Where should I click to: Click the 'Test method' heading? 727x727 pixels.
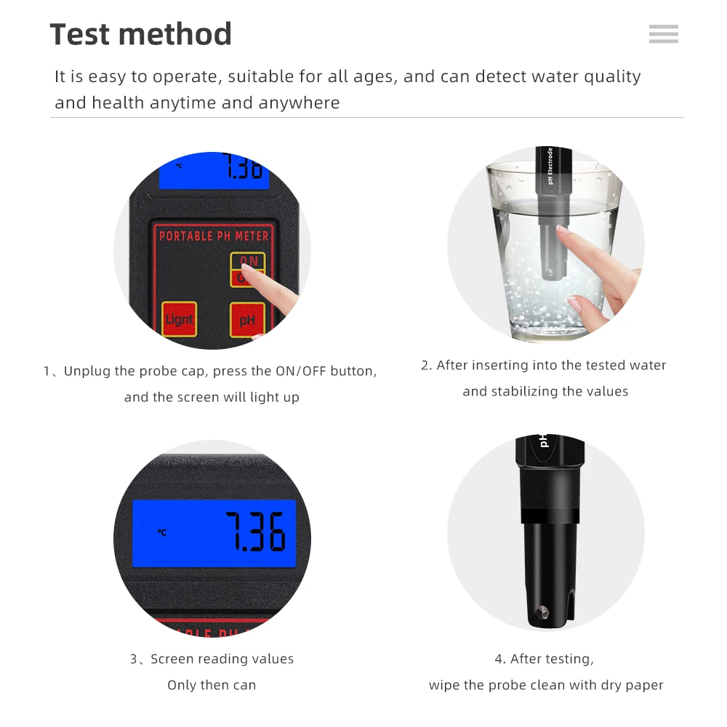tap(140, 34)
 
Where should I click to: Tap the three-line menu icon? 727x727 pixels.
tap(663, 34)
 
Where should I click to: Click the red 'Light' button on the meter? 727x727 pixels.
tap(179, 319)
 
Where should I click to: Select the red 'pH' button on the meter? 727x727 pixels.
tap(247, 319)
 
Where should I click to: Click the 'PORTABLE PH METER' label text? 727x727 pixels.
tap(214, 236)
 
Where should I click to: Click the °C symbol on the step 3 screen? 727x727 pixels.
tap(162, 533)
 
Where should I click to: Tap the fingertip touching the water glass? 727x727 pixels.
tap(561, 231)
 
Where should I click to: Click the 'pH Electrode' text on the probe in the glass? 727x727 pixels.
tap(550, 166)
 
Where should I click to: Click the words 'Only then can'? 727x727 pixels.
tap(212, 685)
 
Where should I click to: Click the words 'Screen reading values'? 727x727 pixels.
tap(222, 659)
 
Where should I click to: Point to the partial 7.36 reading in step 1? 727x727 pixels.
tap(243, 168)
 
